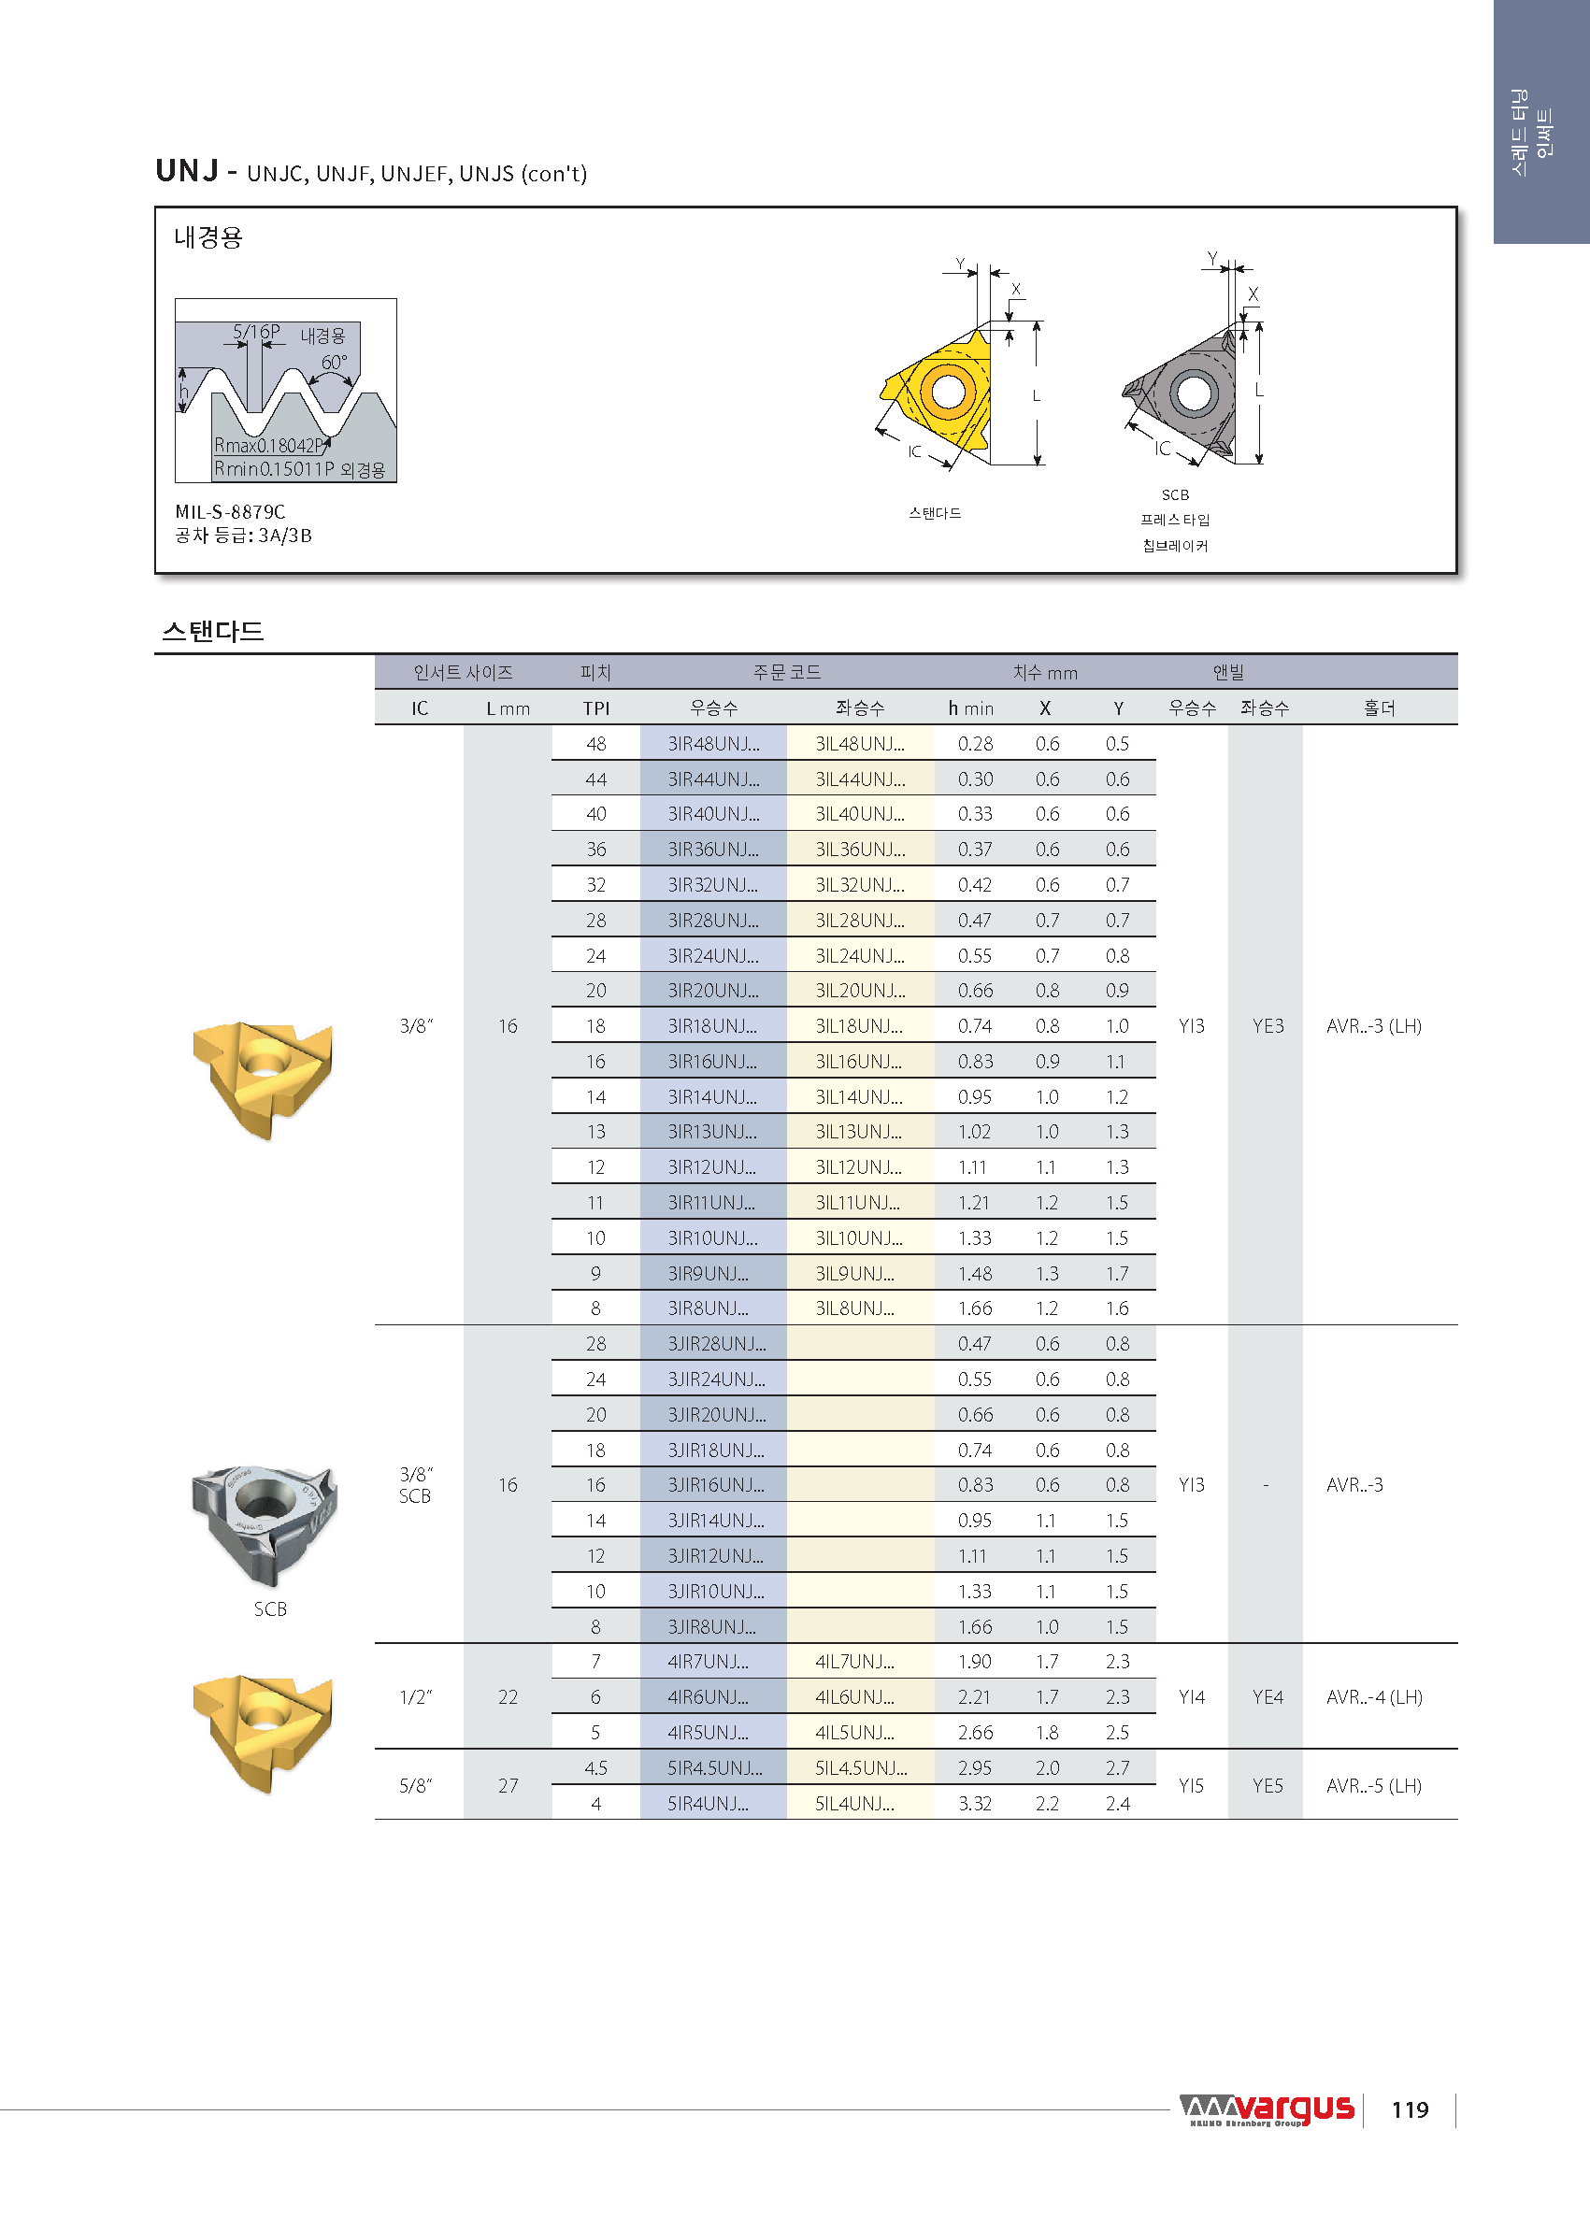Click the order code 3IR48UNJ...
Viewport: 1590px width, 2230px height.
713,744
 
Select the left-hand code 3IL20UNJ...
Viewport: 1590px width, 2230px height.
860,991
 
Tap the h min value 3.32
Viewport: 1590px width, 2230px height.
974,1803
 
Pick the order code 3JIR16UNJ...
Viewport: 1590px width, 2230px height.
716,1485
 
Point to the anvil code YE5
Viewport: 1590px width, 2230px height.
1267,1785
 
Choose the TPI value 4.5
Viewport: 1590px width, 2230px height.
595,1768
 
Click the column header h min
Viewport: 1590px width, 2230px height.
970,708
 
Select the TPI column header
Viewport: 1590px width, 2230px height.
595,708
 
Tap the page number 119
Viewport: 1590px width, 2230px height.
1409,2109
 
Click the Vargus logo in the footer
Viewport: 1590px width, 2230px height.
1267,2108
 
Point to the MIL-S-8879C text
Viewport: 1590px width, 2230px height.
230,511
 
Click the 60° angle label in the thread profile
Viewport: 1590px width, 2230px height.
334,363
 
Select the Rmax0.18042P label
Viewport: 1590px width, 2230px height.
268,446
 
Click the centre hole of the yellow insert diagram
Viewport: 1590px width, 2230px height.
948,391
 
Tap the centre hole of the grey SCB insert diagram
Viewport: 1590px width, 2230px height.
1193,393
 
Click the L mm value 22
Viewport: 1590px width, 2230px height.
508,1697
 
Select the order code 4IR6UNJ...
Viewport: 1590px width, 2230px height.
708,1697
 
